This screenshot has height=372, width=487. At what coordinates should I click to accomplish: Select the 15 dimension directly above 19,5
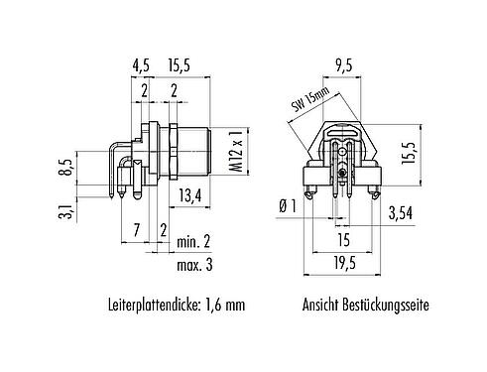342,239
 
